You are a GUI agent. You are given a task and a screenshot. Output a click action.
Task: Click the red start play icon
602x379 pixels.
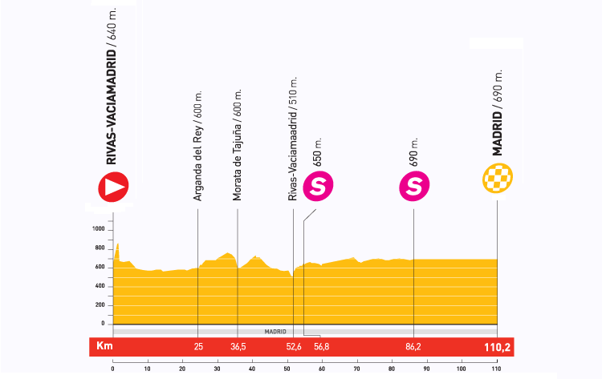coord(114,187)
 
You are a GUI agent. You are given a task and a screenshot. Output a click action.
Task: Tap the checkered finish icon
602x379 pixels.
coord(498,179)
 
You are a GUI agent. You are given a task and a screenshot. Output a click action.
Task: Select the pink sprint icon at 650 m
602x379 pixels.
coord(319,187)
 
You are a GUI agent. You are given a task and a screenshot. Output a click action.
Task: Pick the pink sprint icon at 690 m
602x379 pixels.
coord(414,187)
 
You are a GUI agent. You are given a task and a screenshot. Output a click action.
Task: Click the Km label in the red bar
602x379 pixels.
coord(102,347)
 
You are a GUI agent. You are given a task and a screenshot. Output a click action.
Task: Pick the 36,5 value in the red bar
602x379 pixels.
coord(238,347)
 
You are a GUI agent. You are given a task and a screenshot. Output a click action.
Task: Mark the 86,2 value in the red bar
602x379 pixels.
coord(413,347)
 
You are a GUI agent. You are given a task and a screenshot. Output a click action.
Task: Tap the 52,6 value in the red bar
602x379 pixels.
coord(293,347)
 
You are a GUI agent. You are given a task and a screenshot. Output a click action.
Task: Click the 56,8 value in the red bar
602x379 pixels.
coord(322,347)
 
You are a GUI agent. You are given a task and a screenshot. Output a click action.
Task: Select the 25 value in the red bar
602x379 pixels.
coord(198,347)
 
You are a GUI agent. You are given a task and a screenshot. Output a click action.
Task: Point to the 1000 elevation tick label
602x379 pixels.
coord(99,229)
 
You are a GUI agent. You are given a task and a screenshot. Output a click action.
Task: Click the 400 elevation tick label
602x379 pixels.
coord(100,286)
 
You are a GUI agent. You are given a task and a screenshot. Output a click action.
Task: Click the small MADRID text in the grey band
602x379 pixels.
coord(275,330)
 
